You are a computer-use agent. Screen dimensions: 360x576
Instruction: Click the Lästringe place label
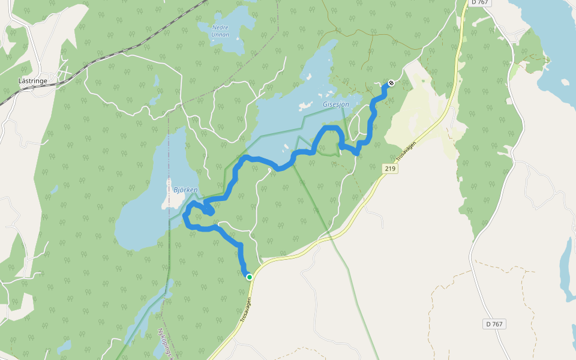(32, 80)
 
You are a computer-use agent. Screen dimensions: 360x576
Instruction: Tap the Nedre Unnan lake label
(220, 31)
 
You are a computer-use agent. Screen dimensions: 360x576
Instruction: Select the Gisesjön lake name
(335, 104)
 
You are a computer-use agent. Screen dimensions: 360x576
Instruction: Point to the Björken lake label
(185, 190)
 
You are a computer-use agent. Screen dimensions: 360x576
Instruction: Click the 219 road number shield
(390, 169)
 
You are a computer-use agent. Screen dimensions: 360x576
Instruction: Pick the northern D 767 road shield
(481, 3)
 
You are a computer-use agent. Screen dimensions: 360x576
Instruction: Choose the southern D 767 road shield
(494, 324)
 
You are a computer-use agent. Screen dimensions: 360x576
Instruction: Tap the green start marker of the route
(250, 277)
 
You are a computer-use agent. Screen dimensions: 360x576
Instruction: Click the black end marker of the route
(391, 83)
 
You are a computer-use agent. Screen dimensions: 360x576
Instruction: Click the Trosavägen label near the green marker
(246, 309)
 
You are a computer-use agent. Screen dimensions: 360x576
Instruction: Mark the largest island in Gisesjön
(305, 107)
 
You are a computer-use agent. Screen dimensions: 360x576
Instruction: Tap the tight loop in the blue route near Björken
(208, 209)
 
